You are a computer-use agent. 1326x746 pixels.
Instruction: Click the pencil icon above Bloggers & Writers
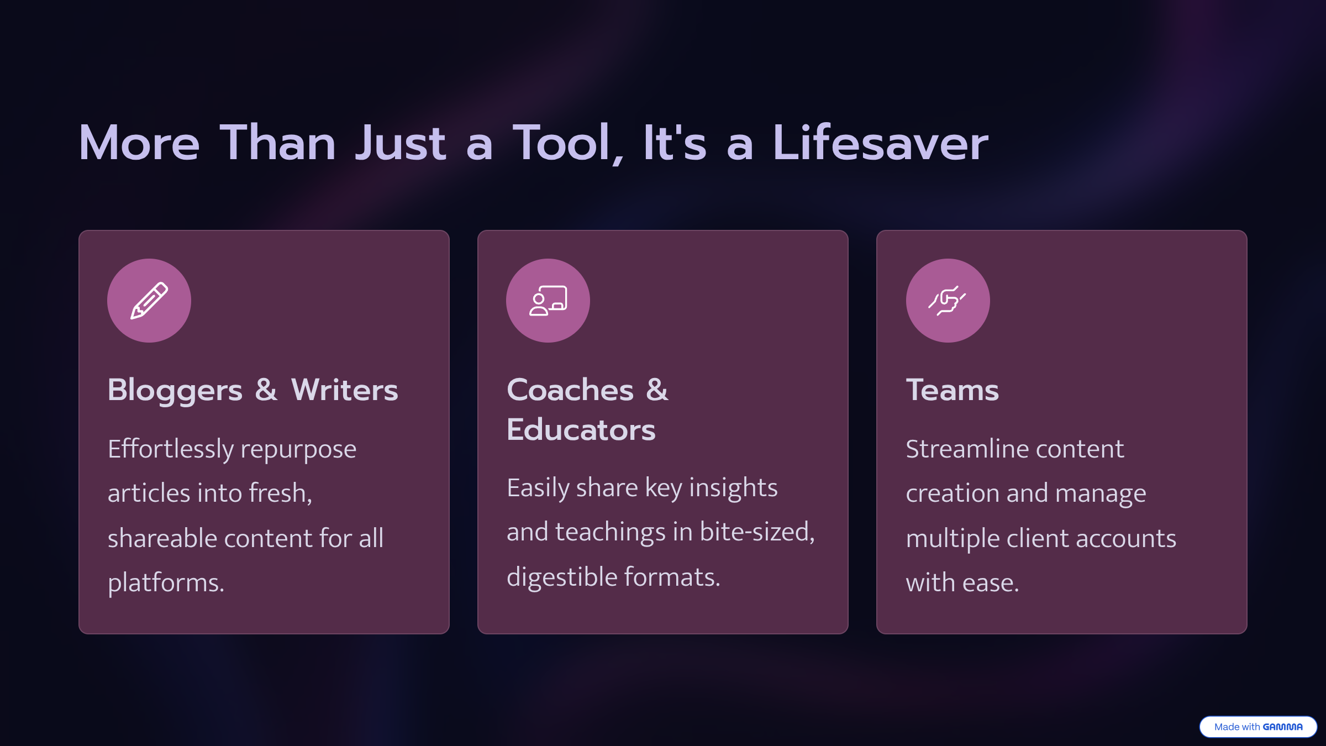149,301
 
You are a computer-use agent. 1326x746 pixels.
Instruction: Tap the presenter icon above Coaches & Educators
548,301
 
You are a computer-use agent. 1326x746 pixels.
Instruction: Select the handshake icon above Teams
948,301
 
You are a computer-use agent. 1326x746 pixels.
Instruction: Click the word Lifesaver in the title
881,143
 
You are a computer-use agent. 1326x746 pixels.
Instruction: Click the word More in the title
139,143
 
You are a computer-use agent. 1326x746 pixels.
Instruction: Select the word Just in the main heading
401,143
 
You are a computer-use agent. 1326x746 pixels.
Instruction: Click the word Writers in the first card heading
345,390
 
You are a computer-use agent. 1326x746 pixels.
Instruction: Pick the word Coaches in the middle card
570,390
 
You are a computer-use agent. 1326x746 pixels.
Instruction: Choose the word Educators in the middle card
581,430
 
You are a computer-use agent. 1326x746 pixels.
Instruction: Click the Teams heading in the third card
953,390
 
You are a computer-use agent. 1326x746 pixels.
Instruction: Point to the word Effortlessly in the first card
171,449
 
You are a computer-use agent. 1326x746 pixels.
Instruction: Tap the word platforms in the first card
166,584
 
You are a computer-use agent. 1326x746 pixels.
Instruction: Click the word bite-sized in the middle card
757,532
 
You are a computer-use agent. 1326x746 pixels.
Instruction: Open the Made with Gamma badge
1258,727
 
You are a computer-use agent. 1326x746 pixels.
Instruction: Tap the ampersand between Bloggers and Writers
266,390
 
